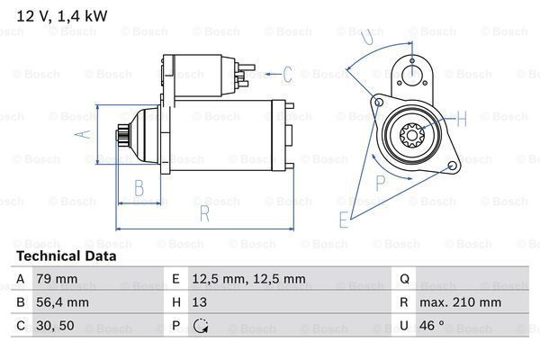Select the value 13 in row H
tap(201, 302)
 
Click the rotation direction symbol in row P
tap(201, 326)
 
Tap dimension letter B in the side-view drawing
tap(139, 188)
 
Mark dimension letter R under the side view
tap(204, 212)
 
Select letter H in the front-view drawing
tap(462, 117)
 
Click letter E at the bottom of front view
tap(344, 219)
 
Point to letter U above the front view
tap(364, 37)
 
